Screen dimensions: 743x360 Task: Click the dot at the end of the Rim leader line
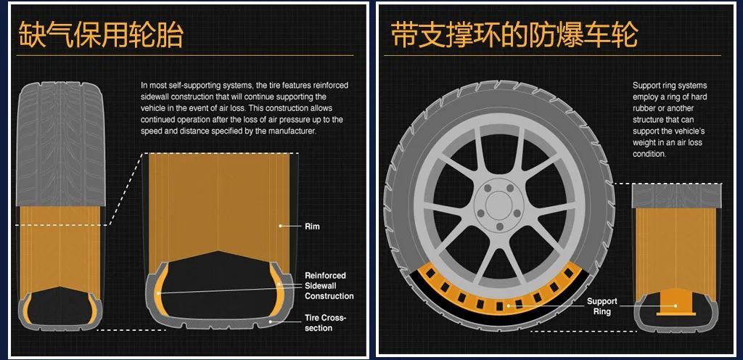(x=281, y=226)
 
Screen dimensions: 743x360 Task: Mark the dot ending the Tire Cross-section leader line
(x=271, y=321)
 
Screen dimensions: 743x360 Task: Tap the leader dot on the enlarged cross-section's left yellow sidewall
(x=157, y=292)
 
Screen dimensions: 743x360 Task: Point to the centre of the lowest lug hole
(x=499, y=227)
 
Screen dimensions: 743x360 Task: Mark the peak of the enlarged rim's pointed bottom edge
(x=218, y=251)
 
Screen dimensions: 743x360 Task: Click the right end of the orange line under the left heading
(x=353, y=55)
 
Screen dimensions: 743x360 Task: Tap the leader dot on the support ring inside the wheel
(x=509, y=306)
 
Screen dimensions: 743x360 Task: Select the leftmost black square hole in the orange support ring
(x=430, y=274)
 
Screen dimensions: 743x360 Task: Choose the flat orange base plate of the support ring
(x=676, y=314)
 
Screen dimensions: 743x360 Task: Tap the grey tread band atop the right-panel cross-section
(x=677, y=196)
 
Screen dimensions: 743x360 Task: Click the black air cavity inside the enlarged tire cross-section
(x=218, y=285)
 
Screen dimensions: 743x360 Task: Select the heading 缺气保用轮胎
(x=100, y=34)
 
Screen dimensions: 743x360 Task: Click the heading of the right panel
(x=514, y=34)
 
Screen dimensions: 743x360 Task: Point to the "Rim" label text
(x=312, y=226)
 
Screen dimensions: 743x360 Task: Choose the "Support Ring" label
(x=602, y=306)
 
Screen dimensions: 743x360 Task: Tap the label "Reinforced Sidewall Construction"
(x=329, y=286)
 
